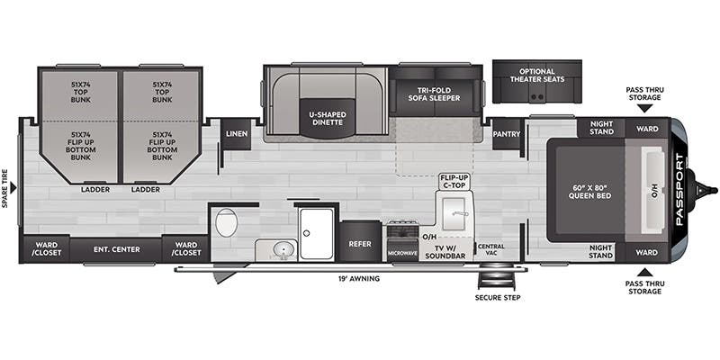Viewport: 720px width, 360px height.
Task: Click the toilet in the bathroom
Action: point(226,222)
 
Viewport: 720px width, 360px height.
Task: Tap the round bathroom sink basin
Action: point(283,249)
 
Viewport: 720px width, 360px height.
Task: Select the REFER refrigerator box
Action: point(360,241)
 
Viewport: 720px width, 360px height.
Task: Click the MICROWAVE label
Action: point(402,253)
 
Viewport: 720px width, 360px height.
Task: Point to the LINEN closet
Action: point(237,134)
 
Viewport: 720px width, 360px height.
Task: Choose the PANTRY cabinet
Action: point(507,134)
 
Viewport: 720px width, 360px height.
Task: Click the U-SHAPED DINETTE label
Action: point(328,118)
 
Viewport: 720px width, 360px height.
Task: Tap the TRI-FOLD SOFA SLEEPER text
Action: point(434,94)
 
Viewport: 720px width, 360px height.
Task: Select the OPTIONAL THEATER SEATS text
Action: point(536,76)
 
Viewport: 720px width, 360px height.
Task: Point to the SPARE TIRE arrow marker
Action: point(13,188)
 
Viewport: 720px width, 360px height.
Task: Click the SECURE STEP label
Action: point(498,298)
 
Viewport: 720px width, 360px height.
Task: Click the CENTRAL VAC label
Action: point(490,250)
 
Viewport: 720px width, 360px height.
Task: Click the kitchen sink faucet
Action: point(460,213)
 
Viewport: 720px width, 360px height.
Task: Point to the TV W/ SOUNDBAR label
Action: point(445,252)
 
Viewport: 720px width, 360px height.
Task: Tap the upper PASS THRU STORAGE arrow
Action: point(645,108)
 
